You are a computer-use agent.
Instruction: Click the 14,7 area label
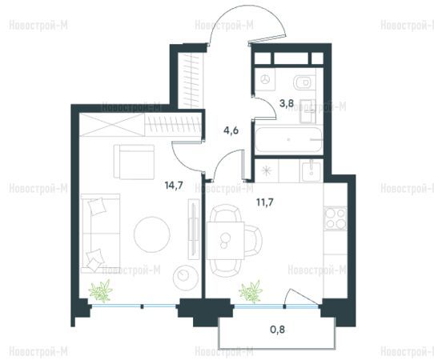click(174, 186)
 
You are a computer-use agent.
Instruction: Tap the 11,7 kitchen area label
click(265, 202)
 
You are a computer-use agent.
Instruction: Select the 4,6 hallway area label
click(231, 130)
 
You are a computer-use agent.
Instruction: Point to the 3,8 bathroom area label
click(286, 104)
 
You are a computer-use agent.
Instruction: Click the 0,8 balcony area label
click(278, 330)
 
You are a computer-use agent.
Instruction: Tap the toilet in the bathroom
click(304, 82)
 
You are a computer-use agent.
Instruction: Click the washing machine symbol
click(265, 80)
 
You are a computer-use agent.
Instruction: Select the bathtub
click(289, 140)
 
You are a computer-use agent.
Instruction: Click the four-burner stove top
click(336, 218)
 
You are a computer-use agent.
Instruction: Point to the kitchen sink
click(311, 172)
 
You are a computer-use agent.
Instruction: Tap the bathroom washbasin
click(307, 111)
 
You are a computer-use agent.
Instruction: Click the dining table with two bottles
click(226, 240)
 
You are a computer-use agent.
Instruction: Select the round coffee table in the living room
click(152, 234)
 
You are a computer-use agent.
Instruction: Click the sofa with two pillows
click(100, 234)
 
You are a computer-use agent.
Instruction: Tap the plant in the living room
click(100, 290)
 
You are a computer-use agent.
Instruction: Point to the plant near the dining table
click(251, 291)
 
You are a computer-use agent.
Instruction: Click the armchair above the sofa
click(134, 162)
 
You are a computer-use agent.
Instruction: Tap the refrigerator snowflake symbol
click(267, 171)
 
